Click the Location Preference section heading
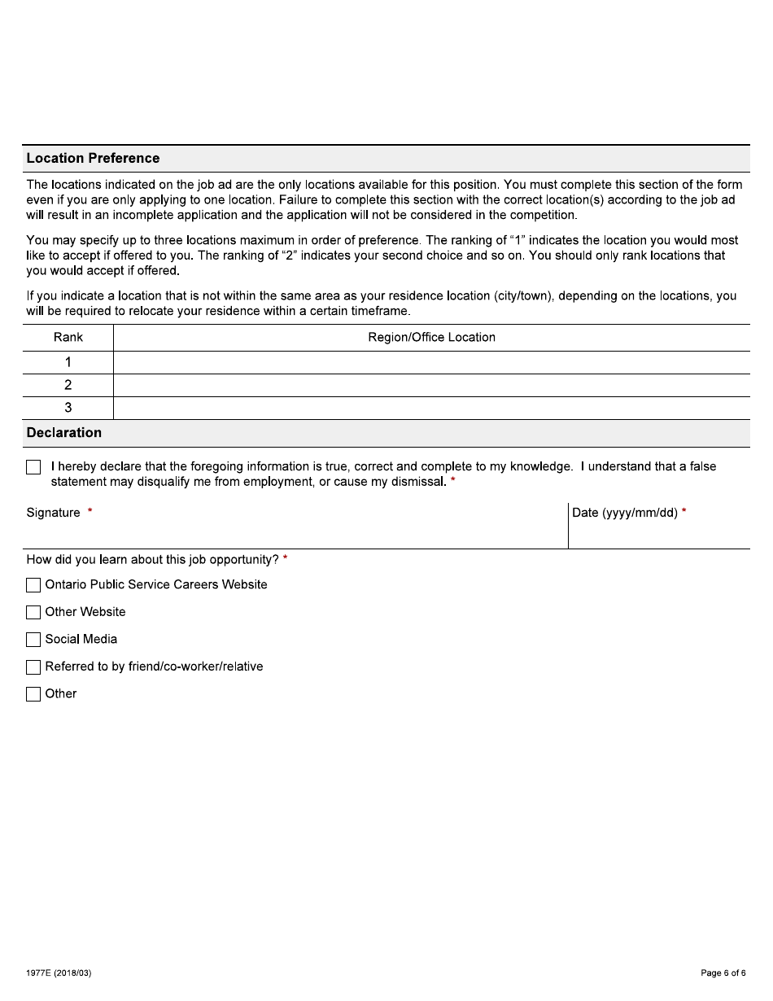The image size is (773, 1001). point(93,158)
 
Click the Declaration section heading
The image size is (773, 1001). point(64,432)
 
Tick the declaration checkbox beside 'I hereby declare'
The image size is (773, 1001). point(33,467)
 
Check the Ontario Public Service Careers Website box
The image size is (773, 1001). point(33,585)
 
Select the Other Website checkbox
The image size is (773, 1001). point(33,612)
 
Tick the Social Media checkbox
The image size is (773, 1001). point(33,640)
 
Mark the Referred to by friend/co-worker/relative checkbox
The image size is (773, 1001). point(33,667)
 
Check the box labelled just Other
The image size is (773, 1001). point(33,694)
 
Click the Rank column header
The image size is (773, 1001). point(68,337)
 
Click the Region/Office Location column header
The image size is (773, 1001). point(431,337)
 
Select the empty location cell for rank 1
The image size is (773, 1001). point(431,362)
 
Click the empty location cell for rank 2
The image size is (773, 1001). point(431,385)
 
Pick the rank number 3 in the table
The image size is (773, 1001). point(68,408)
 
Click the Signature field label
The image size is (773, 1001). point(54,513)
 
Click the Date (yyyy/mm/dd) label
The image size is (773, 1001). point(624,513)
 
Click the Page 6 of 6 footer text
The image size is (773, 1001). point(723,973)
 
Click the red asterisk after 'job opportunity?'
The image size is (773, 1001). point(286,559)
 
